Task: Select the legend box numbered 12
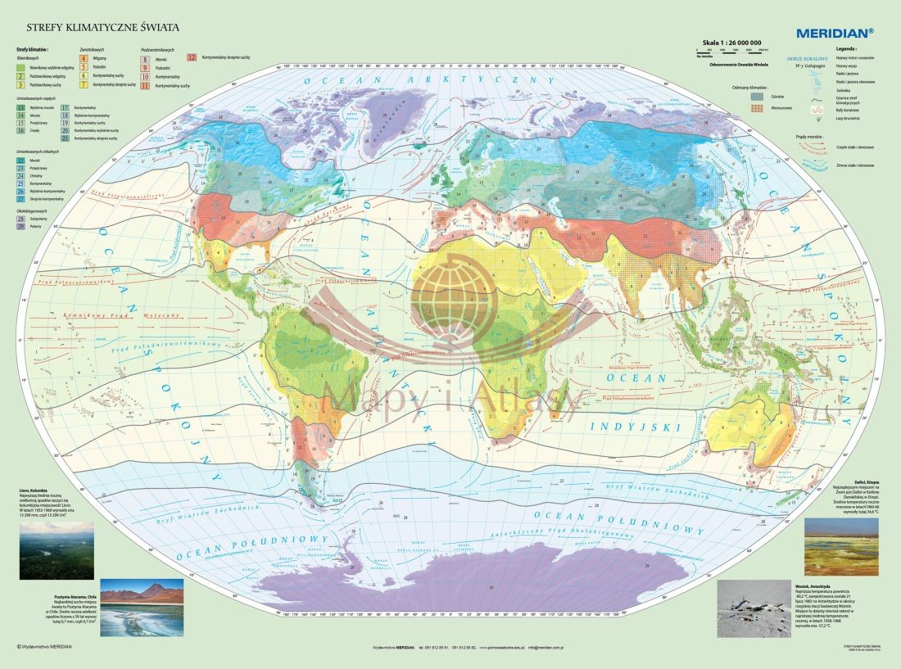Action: pyautogui.click(x=192, y=58)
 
